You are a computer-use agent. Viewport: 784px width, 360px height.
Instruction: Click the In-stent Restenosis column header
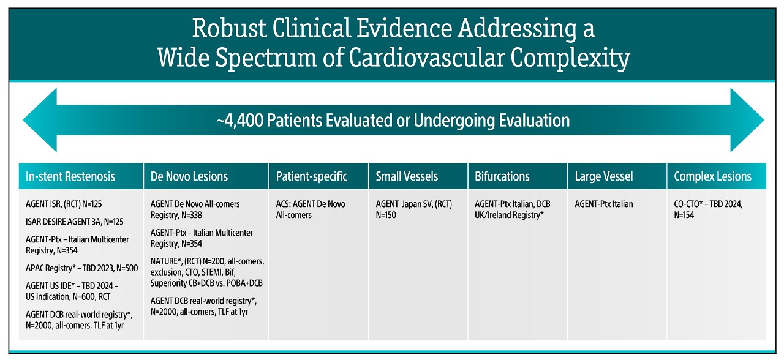tap(70, 176)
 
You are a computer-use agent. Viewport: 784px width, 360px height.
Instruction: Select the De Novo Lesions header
tap(189, 176)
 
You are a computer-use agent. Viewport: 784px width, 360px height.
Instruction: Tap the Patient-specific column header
tap(311, 176)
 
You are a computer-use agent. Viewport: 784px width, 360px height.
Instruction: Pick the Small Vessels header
tap(407, 176)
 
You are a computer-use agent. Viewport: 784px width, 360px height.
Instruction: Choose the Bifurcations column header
tap(502, 176)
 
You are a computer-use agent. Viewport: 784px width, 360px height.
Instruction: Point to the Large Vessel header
tap(604, 177)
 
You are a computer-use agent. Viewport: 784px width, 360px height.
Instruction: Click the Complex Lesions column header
tap(712, 177)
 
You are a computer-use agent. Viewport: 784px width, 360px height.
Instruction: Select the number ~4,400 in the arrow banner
tap(240, 121)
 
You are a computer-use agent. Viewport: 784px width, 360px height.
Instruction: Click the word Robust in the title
tap(229, 28)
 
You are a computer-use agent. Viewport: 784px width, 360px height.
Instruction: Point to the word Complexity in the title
tap(570, 58)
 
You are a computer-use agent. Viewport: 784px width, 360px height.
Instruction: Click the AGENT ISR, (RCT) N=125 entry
tap(64, 204)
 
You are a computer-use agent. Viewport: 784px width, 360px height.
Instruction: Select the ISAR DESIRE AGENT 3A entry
tap(75, 222)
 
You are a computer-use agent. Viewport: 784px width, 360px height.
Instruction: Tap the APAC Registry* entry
tap(81, 268)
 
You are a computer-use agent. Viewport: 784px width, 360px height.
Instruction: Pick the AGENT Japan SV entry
tap(413, 209)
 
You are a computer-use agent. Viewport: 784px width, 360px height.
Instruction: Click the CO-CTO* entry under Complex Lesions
tap(708, 209)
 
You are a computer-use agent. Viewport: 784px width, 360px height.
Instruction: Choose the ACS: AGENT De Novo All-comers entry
tap(311, 209)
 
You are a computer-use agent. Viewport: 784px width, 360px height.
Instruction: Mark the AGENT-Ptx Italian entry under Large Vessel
tap(604, 204)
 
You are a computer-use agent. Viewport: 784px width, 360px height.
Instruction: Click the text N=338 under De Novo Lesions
tap(191, 215)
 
